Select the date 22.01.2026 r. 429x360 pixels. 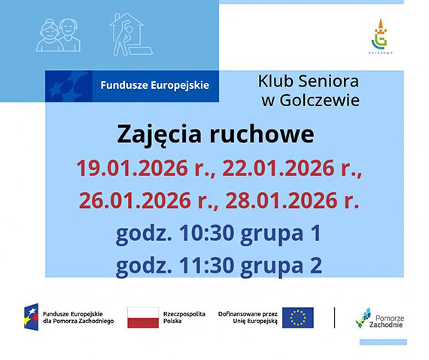[291, 169]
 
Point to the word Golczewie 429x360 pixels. [318, 99]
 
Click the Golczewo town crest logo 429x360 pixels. [381, 35]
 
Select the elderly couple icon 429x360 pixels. [59, 34]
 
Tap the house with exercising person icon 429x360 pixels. [129, 34]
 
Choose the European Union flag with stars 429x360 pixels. [299, 318]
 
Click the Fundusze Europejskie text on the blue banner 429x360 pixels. [155, 85]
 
